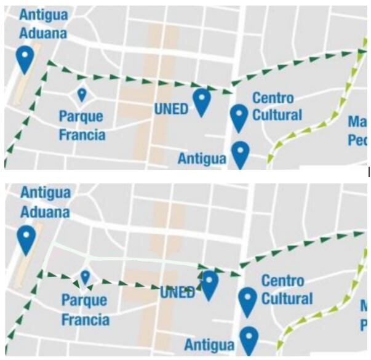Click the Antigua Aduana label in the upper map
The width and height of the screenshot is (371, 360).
tap(42, 23)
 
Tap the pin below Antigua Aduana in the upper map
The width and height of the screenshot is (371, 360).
tap(25, 59)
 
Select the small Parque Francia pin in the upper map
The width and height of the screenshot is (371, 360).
tap(82, 94)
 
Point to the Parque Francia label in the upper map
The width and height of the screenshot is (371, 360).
tap(82, 125)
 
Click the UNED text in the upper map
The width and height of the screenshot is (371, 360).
tap(170, 108)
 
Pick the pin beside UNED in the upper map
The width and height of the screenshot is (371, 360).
tap(202, 101)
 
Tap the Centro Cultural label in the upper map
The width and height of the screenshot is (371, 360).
tap(277, 106)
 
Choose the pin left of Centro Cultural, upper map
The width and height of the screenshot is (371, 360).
tap(239, 117)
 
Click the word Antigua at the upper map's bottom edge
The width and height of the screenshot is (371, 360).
tap(202, 158)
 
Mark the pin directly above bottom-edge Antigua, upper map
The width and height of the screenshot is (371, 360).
tap(240, 153)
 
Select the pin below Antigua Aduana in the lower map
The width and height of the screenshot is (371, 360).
tap(26, 239)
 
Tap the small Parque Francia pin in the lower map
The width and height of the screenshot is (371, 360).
tap(85, 277)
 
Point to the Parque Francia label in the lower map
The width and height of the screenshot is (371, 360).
tap(85, 310)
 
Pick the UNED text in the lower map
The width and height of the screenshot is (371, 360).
tap(177, 292)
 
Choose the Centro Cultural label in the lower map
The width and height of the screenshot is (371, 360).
tap(287, 290)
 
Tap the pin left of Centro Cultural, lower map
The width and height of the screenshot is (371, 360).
tap(247, 300)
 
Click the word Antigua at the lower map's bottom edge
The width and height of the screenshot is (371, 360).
tap(209, 345)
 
